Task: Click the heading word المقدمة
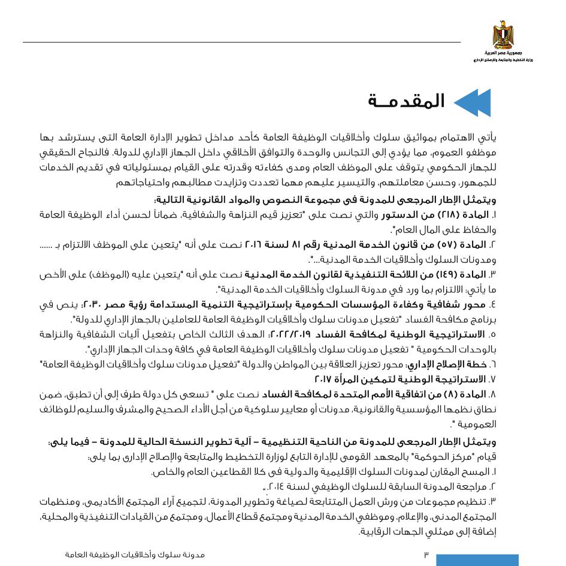(x=407, y=101)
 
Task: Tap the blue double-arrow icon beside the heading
(x=473, y=102)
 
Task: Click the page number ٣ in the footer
(x=426, y=555)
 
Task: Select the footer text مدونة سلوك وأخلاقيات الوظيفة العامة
(x=135, y=555)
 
